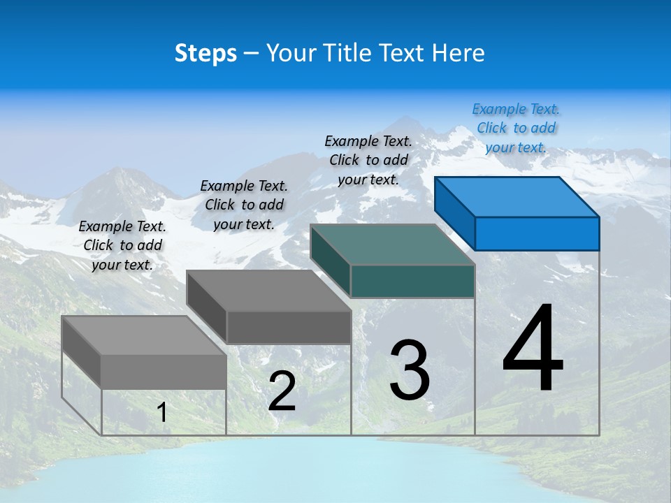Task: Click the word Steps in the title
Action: [x=205, y=53]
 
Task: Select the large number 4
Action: [x=533, y=349]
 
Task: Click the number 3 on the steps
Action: [x=410, y=370]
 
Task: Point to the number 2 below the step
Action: [x=282, y=391]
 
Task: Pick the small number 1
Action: [x=162, y=413]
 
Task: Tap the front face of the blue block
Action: [x=537, y=233]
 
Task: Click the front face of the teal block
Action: [x=412, y=281]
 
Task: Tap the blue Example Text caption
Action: [x=516, y=129]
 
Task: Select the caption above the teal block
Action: [x=368, y=160]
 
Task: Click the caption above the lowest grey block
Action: [x=122, y=245]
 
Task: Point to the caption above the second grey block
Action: [x=244, y=205]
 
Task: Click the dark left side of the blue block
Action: [x=454, y=213]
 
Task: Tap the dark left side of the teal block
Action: [x=330, y=260]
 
